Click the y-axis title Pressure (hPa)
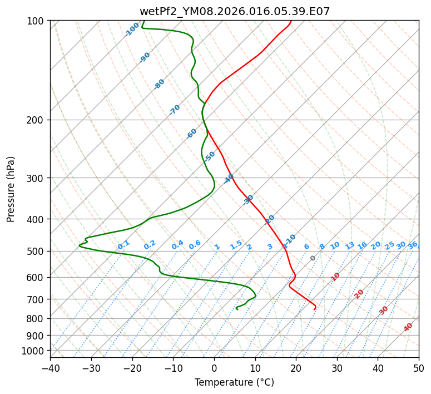coord(11,189)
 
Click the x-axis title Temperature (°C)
coord(234,382)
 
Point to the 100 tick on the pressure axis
coord(36,21)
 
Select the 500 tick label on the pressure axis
coord(36,252)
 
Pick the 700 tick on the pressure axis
coord(36,299)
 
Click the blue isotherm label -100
coord(132,29)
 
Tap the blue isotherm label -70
coord(175,110)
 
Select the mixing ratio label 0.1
coord(123,244)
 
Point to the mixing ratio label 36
coord(413,245)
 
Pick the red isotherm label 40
coord(408,327)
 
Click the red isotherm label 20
coord(359,293)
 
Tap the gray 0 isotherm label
coord(313,258)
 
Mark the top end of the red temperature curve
coord(290,21)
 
